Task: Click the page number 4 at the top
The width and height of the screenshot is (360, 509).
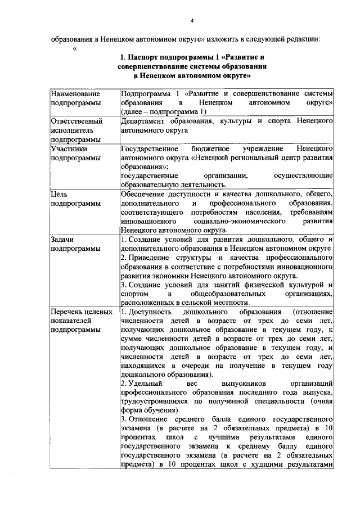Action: pyautogui.click(x=192, y=21)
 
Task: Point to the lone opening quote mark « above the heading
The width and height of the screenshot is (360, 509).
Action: pyautogui.click(x=74, y=49)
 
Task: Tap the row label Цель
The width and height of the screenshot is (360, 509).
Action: pyautogui.click(x=59, y=194)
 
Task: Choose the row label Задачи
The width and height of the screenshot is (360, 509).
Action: pyautogui.click(x=62, y=239)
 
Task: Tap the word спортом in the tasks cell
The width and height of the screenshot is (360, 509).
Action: pyautogui.click(x=135, y=294)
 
